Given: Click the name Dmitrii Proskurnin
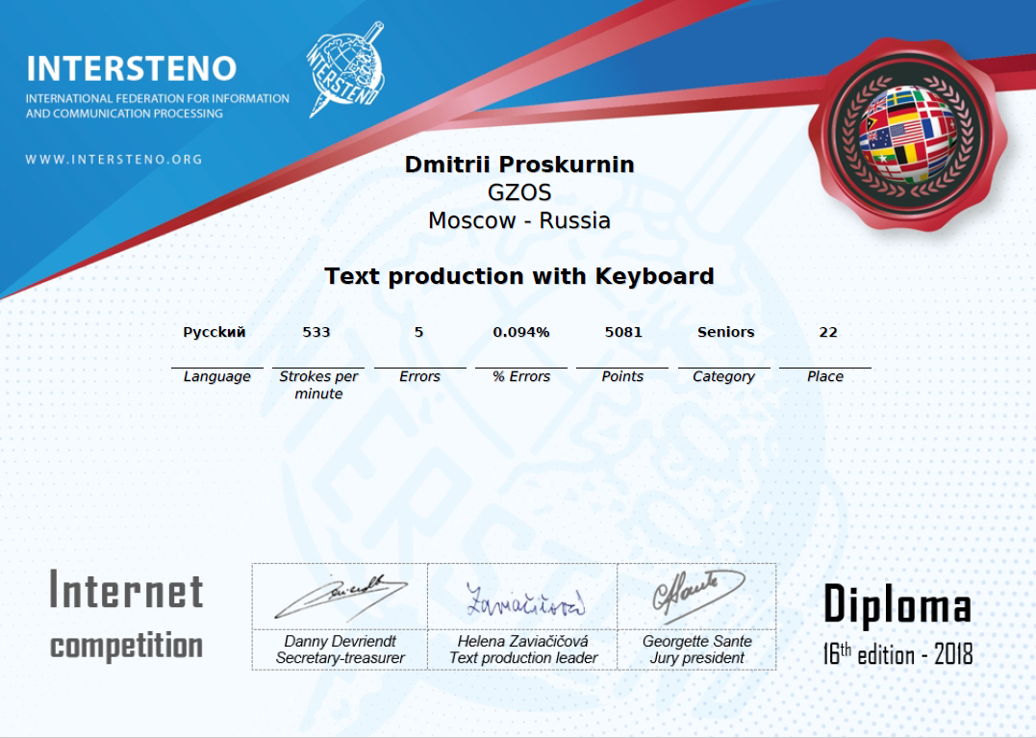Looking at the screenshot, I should click(x=519, y=165).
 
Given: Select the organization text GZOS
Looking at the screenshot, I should click(x=519, y=192).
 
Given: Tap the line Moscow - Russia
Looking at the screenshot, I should click(x=519, y=220).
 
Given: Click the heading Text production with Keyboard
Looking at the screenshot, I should click(x=519, y=276).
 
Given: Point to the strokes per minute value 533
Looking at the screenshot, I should click(x=316, y=332).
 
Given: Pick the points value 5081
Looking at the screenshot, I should click(x=623, y=332).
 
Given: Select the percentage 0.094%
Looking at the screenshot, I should click(x=521, y=332).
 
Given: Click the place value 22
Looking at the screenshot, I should click(x=828, y=332).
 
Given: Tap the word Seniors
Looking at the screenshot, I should click(x=726, y=332).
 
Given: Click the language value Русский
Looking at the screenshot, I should click(x=215, y=332).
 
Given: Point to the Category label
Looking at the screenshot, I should click(x=723, y=376).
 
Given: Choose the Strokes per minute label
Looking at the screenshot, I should click(x=318, y=385).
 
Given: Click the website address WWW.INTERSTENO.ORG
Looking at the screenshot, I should click(x=114, y=159).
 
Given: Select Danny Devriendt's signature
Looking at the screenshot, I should click(x=340, y=597).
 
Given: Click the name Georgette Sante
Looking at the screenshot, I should click(x=697, y=641).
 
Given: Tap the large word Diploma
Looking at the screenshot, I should click(x=897, y=606).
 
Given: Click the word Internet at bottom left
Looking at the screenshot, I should click(x=126, y=591).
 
